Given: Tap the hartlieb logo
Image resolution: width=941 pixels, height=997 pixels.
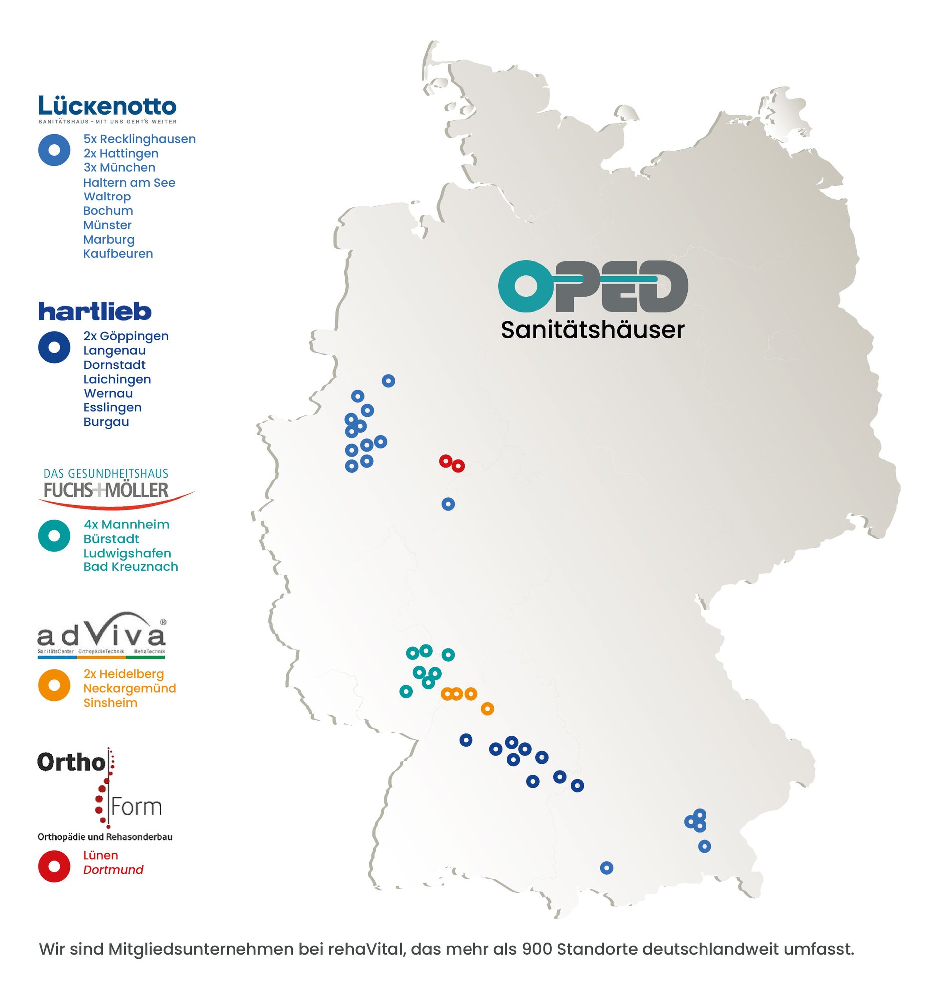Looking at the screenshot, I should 95,311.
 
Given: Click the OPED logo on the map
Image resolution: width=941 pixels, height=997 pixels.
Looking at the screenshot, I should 592,286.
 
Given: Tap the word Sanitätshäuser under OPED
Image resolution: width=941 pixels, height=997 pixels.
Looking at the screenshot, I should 592,330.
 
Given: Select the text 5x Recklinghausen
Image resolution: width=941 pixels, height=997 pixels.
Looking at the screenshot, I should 139,139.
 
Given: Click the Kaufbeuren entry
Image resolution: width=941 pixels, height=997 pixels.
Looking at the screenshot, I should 118,254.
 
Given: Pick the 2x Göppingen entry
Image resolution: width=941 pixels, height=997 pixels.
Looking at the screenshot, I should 126,336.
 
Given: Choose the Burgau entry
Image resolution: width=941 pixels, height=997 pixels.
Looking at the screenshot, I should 106,422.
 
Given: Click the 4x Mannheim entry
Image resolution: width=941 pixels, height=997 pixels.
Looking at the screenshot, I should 126,525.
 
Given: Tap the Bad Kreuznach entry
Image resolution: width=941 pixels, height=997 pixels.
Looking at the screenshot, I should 130,567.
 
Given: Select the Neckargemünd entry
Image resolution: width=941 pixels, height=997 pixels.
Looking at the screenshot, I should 129,689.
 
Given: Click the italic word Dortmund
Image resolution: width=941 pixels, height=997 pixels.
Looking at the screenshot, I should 113,870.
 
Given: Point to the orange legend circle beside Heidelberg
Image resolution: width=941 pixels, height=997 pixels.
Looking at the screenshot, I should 54,685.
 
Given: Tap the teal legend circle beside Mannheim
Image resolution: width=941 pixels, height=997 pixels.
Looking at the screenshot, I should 54,536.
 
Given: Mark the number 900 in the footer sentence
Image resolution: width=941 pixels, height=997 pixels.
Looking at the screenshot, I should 537,949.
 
